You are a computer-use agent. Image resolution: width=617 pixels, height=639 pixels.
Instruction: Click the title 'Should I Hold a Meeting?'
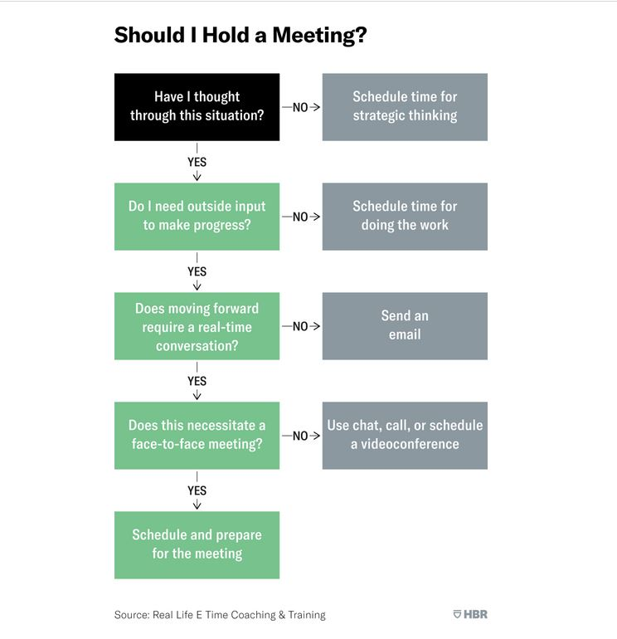coord(240,35)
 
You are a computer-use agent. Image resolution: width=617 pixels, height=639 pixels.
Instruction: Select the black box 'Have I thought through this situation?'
coord(197,106)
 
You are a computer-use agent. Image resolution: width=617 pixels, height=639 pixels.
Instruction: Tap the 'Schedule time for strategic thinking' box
coord(405,106)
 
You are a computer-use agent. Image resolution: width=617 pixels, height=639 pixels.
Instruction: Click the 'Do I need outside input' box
coord(197,216)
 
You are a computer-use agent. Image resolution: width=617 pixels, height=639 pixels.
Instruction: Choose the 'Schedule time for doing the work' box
coord(405,216)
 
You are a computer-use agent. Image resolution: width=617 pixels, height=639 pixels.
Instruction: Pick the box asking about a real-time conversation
coord(197,326)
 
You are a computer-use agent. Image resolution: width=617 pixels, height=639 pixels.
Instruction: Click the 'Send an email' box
coord(405,325)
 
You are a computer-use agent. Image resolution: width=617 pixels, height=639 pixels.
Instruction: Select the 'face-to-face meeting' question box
coord(197,435)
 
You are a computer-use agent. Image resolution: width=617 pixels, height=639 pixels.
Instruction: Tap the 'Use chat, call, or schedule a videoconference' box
coord(405,435)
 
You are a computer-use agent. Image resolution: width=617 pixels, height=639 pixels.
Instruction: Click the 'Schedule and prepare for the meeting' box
coord(197,544)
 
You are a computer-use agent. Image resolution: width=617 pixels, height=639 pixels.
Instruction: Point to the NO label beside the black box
coord(300,107)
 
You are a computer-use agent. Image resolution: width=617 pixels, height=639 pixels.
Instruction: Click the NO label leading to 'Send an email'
coord(300,326)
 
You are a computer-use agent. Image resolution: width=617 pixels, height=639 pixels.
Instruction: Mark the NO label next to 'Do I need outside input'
coord(300,217)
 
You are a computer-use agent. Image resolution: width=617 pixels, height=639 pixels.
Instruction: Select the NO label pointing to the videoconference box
coord(300,436)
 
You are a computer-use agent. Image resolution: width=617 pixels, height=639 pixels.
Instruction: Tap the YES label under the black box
coord(197,162)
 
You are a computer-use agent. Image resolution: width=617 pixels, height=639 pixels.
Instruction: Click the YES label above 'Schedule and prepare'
coord(197,490)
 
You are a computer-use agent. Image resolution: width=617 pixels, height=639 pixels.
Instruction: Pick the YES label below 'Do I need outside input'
coord(197,271)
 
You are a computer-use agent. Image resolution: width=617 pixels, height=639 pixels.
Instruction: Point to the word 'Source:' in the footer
coord(132,615)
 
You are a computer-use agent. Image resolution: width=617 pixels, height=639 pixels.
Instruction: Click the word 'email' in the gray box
coord(405,334)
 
